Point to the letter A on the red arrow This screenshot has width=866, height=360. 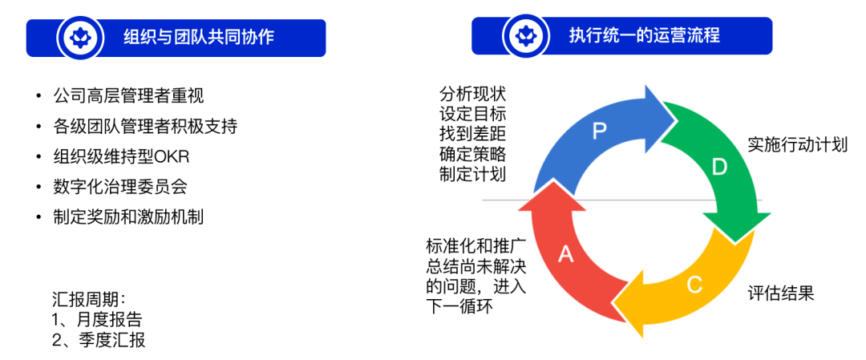click(566, 255)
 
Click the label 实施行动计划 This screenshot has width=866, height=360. click(797, 144)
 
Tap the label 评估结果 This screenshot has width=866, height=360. click(781, 293)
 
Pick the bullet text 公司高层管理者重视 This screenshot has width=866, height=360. click(128, 96)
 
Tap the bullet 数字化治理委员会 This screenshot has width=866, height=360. click(120, 187)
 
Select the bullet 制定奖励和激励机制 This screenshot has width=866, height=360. click(128, 216)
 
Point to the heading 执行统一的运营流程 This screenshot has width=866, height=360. click(644, 35)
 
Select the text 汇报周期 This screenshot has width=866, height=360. click(89, 300)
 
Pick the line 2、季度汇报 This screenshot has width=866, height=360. click(97, 340)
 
